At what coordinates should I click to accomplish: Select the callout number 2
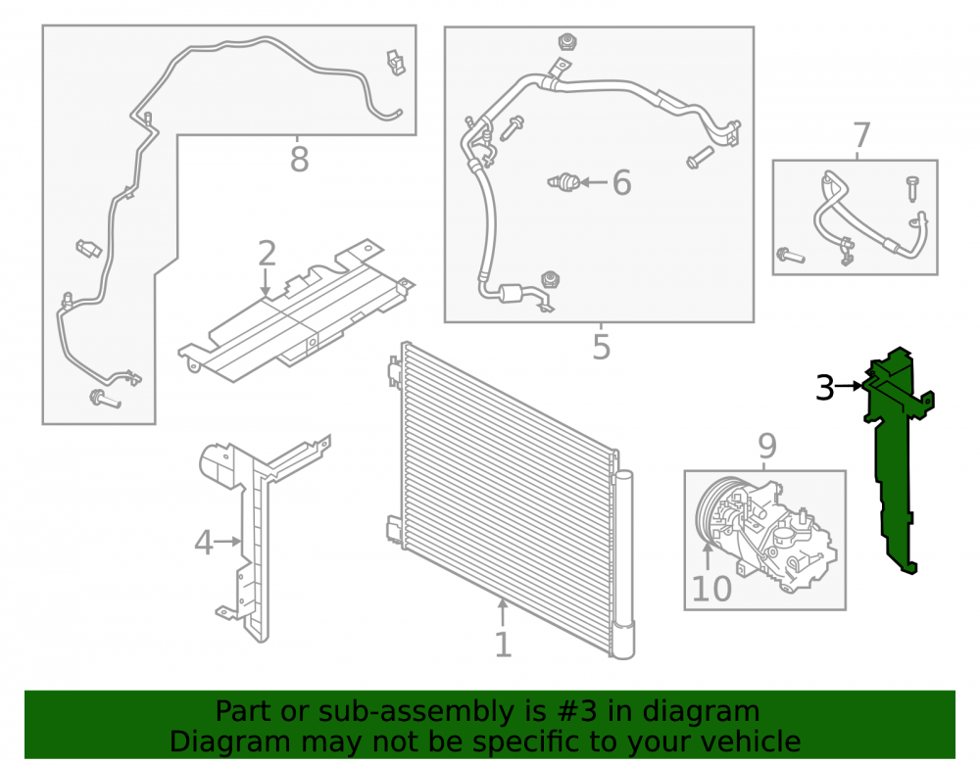click(267, 254)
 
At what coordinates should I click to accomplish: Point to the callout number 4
click(204, 542)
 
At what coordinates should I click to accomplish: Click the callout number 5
click(602, 347)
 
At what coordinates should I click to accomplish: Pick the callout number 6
click(621, 182)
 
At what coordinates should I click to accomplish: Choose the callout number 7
click(861, 135)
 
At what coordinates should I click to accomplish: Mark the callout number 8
click(299, 159)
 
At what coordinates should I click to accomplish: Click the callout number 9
click(767, 446)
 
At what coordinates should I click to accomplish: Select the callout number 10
click(711, 589)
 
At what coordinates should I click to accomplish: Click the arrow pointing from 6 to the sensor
click(594, 182)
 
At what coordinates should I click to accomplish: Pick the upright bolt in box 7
click(911, 189)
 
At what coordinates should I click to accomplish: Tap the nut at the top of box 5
click(567, 42)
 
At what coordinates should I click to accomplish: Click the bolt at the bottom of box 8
click(105, 399)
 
